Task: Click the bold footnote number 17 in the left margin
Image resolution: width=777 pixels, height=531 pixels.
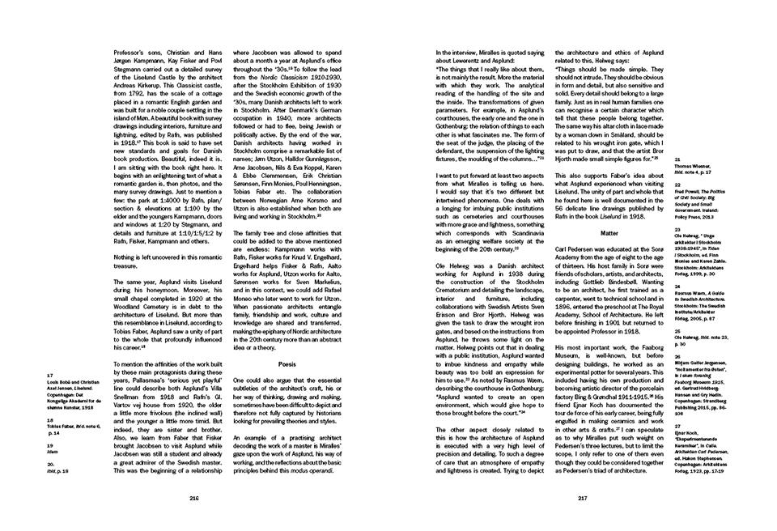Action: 51,376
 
